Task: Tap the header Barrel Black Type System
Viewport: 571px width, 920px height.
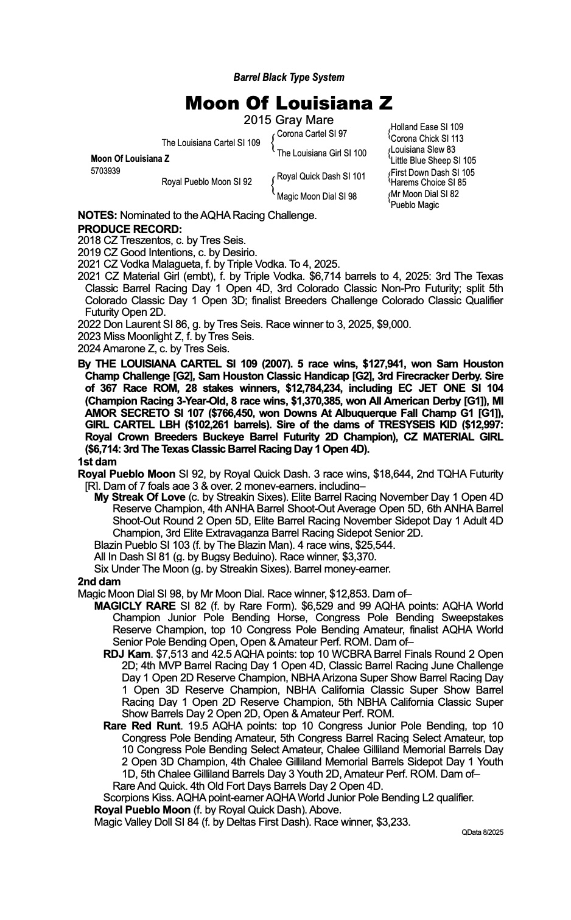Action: [289, 77]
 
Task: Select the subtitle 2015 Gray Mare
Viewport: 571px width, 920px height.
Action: [289, 120]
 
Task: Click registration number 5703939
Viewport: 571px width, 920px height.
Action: [105, 171]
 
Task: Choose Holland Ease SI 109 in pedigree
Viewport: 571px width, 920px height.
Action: [427, 127]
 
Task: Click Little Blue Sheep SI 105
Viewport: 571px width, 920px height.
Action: [433, 161]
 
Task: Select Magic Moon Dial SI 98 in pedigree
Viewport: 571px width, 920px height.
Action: [317, 197]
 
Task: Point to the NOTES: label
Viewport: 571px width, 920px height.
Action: [97, 215]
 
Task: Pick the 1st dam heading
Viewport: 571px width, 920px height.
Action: [97, 462]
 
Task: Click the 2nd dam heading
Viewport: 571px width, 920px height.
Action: [99, 581]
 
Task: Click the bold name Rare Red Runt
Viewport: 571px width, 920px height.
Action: [142, 725]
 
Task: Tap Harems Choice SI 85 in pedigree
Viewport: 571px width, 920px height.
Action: [429, 183]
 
